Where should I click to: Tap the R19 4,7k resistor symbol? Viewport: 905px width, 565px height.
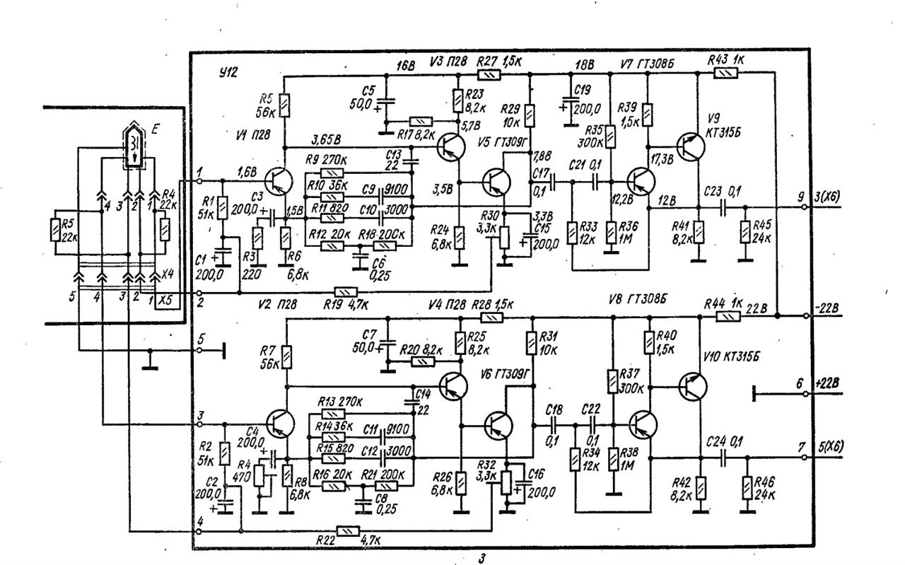[x=346, y=292]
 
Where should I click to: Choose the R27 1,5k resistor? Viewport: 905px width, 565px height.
[x=488, y=73]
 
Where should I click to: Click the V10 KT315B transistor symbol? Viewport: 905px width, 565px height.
[x=691, y=386]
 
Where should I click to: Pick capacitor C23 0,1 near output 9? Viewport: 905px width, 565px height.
[x=723, y=209]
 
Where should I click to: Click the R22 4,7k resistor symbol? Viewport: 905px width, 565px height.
[x=346, y=530]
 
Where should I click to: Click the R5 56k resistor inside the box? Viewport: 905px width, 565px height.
[x=284, y=107]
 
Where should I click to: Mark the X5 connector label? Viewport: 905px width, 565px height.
[x=165, y=299]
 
